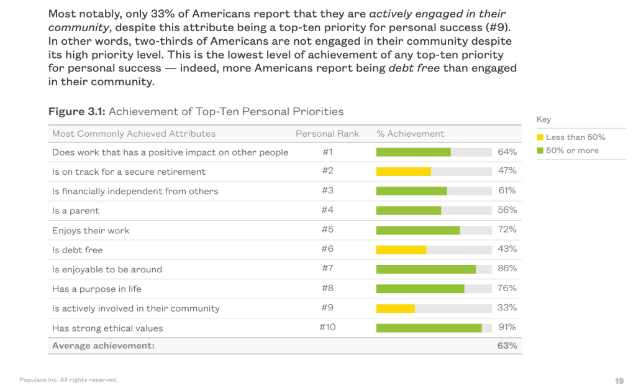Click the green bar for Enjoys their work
tap(418, 230)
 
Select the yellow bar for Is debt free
tap(401, 249)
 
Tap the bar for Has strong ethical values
tap(429, 328)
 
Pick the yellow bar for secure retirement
tap(403, 171)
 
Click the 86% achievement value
tap(507, 269)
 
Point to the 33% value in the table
tap(507, 308)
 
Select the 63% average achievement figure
tap(507, 346)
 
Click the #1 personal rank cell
tap(327, 152)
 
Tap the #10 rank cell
tap(327, 328)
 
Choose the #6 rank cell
tap(327, 249)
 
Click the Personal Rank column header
tap(327, 134)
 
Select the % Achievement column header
tap(411, 134)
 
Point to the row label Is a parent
tap(76, 211)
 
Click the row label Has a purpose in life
tap(97, 289)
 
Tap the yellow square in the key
tap(540, 137)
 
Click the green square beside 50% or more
tap(540, 151)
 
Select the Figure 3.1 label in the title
tap(77, 112)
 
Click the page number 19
tap(619, 381)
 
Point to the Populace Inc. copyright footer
tap(68, 379)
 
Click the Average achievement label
tap(103, 346)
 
